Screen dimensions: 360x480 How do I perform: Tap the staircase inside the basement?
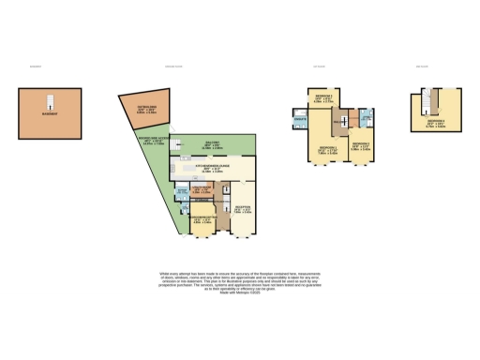(x=51, y=97)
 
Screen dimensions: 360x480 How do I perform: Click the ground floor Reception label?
(x=242, y=209)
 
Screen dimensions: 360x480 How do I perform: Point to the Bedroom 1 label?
(x=327, y=149)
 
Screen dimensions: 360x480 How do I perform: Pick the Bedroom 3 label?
(x=361, y=145)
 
